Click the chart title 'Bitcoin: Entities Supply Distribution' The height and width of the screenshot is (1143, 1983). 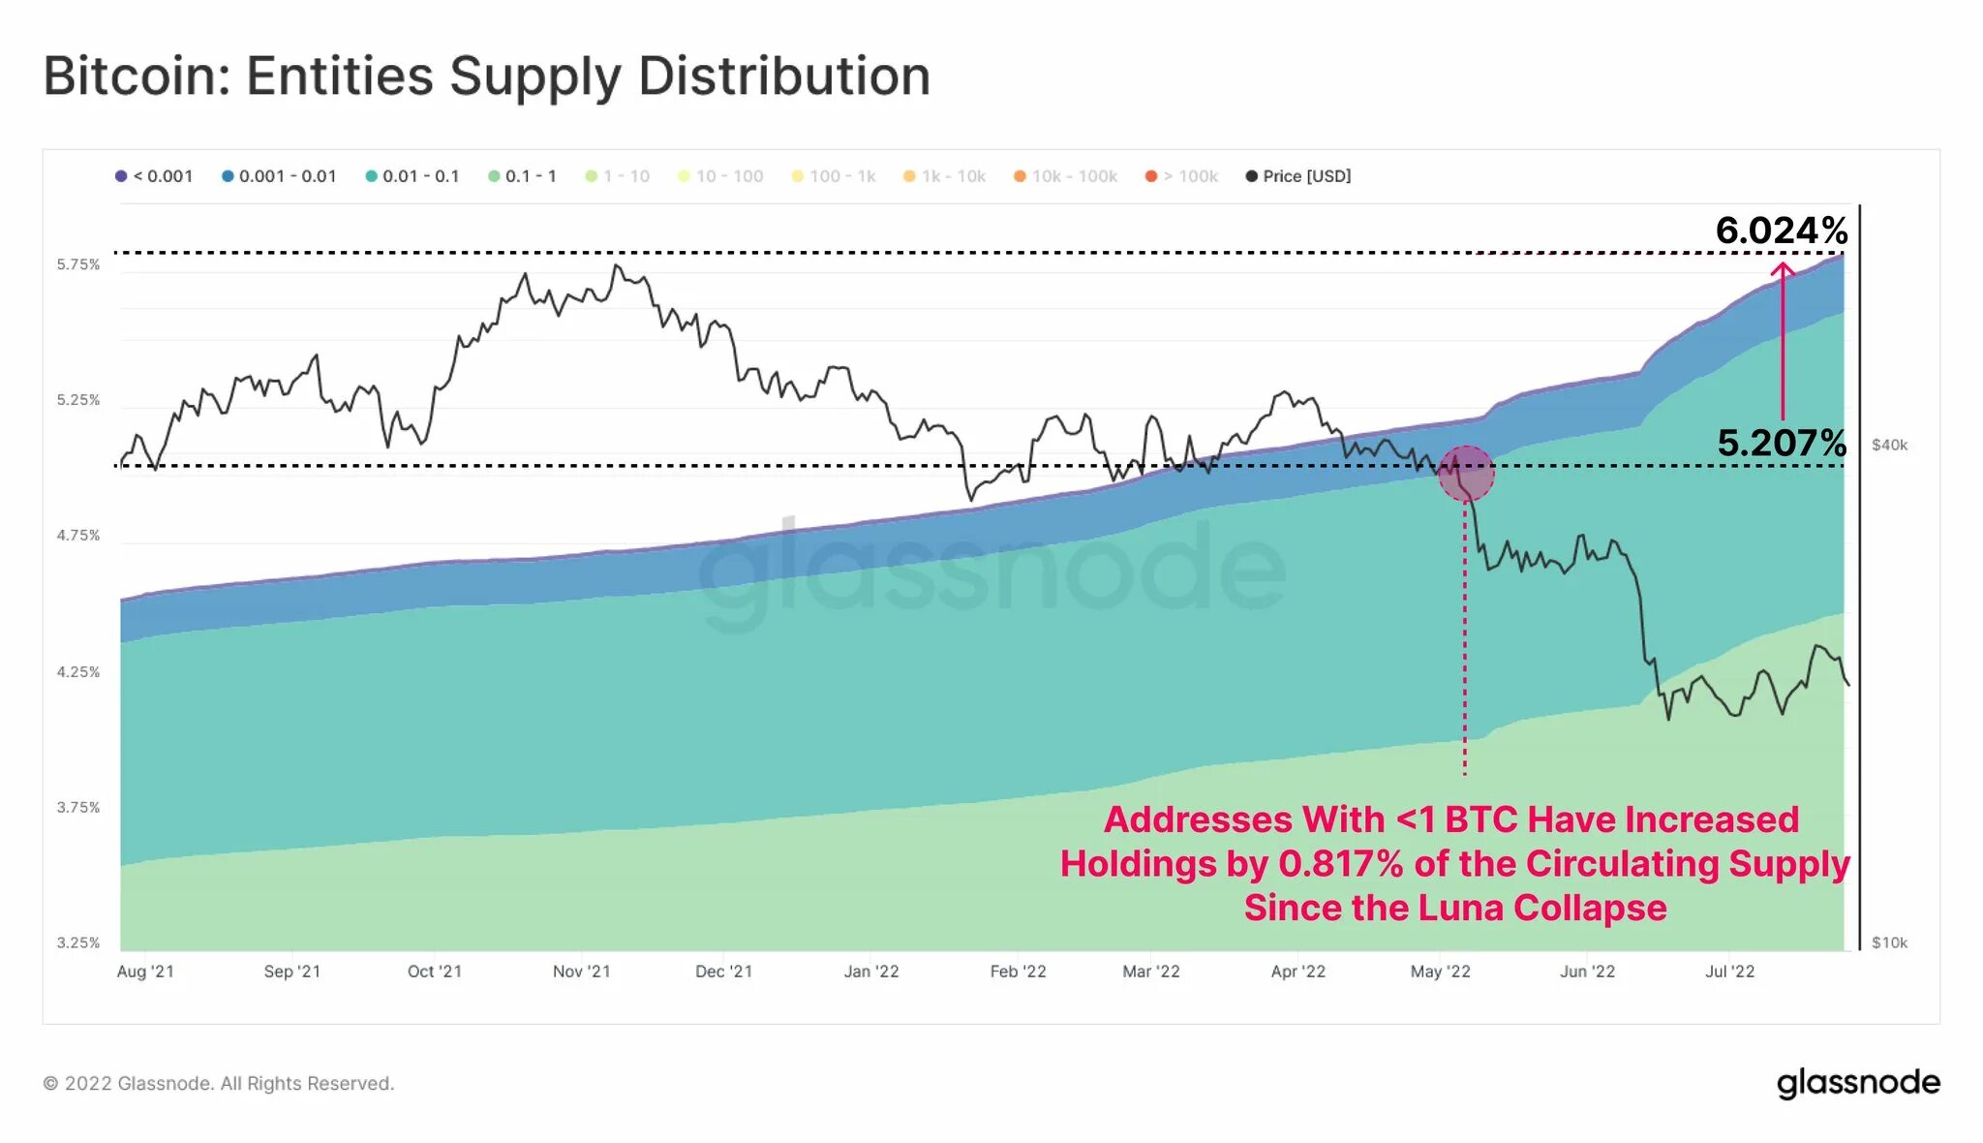(x=487, y=77)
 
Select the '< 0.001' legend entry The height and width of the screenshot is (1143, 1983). (x=155, y=176)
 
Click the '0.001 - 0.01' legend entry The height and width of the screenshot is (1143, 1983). (x=280, y=176)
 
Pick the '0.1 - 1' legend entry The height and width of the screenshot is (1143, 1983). (x=523, y=176)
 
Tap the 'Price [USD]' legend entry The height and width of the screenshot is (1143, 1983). (x=1298, y=176)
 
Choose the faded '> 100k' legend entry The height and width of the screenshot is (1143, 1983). (x=1182, y=176)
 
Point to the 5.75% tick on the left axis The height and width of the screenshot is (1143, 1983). (x=78, y=264)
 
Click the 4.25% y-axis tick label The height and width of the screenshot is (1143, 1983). (x=78, y=671)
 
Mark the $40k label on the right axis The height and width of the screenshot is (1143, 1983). (x=1889, y=445)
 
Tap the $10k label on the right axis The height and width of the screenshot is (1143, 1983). (x=1889, y=942)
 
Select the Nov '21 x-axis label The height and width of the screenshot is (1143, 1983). (x=581, y=972)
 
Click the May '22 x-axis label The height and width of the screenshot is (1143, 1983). (x=1440, y=972)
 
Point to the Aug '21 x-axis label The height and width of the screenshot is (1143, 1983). (x=145, y=972)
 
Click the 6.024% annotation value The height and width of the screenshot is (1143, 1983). (x=1782, y=231)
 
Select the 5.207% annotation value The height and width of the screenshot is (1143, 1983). (x=1782, y=443)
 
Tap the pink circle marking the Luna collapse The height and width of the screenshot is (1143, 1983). (x=1466, y=473)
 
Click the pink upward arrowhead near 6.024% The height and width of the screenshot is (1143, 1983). (x=1783, y=269)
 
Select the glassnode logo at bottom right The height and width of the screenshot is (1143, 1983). (x=1858, y=1083)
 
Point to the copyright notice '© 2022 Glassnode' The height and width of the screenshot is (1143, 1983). (x=218, y=1083)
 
